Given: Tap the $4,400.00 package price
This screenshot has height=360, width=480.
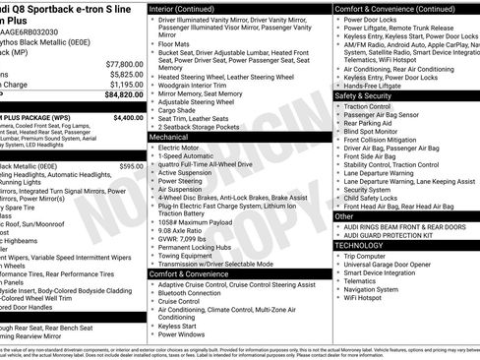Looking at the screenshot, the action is pyautogui.click(x=128, y=117).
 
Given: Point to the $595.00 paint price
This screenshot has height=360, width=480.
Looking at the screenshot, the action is pyautogui.click(x=132, y=166).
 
